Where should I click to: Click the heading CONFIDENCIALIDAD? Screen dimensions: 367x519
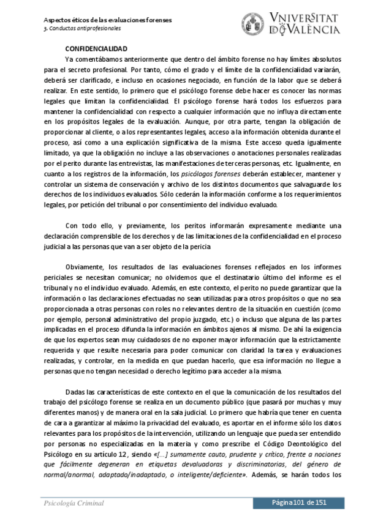[x=96, y=48]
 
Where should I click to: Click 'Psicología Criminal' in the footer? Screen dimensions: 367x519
[x=73, y=502]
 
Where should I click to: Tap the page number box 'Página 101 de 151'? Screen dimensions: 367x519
[x=308, y=502]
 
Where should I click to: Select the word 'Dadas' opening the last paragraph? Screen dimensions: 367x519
[x=75, y=391]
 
